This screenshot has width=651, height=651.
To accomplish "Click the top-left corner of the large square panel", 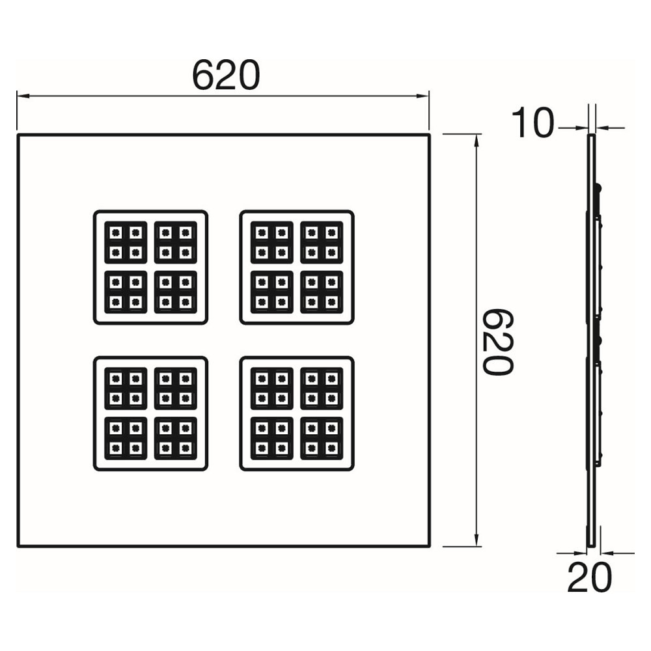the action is click(x=18, y=135).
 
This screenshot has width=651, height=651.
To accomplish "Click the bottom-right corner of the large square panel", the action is click(x=430, y=546).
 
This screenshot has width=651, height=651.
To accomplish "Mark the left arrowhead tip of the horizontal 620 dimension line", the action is click(x=17, y=96).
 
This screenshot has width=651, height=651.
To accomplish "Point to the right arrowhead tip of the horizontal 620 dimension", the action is click(x=429, y=96).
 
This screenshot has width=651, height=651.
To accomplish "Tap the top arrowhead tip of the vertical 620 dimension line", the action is click(x=477, y=134).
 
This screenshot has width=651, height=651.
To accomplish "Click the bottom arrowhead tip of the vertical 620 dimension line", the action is click(x=477, y=547).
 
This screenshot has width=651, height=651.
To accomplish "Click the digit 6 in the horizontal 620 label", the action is click(x=203, y=75).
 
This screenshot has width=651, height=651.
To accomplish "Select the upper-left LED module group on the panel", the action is click(x=150, y=268).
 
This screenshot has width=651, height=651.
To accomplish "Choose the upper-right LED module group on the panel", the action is click(x=297, y=268).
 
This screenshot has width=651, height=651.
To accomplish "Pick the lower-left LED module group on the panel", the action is click(x=150, y=413).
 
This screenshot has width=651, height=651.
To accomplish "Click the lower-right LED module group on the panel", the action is click(x=297, y=413).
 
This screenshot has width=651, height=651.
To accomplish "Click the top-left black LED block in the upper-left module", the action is click(x=126, y=242).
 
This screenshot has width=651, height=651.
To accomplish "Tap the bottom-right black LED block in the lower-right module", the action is click(x=322, y=438).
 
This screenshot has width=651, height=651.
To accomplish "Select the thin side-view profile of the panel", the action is click(x=594, y=340).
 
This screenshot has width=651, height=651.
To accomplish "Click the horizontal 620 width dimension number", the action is click(x=226, y=75).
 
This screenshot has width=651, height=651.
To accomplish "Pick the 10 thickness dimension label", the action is click(x=533, y=122).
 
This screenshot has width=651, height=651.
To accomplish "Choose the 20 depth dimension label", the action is click(x=590, y=577).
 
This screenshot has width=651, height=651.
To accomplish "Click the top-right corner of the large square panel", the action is click(x=430, y=135).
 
